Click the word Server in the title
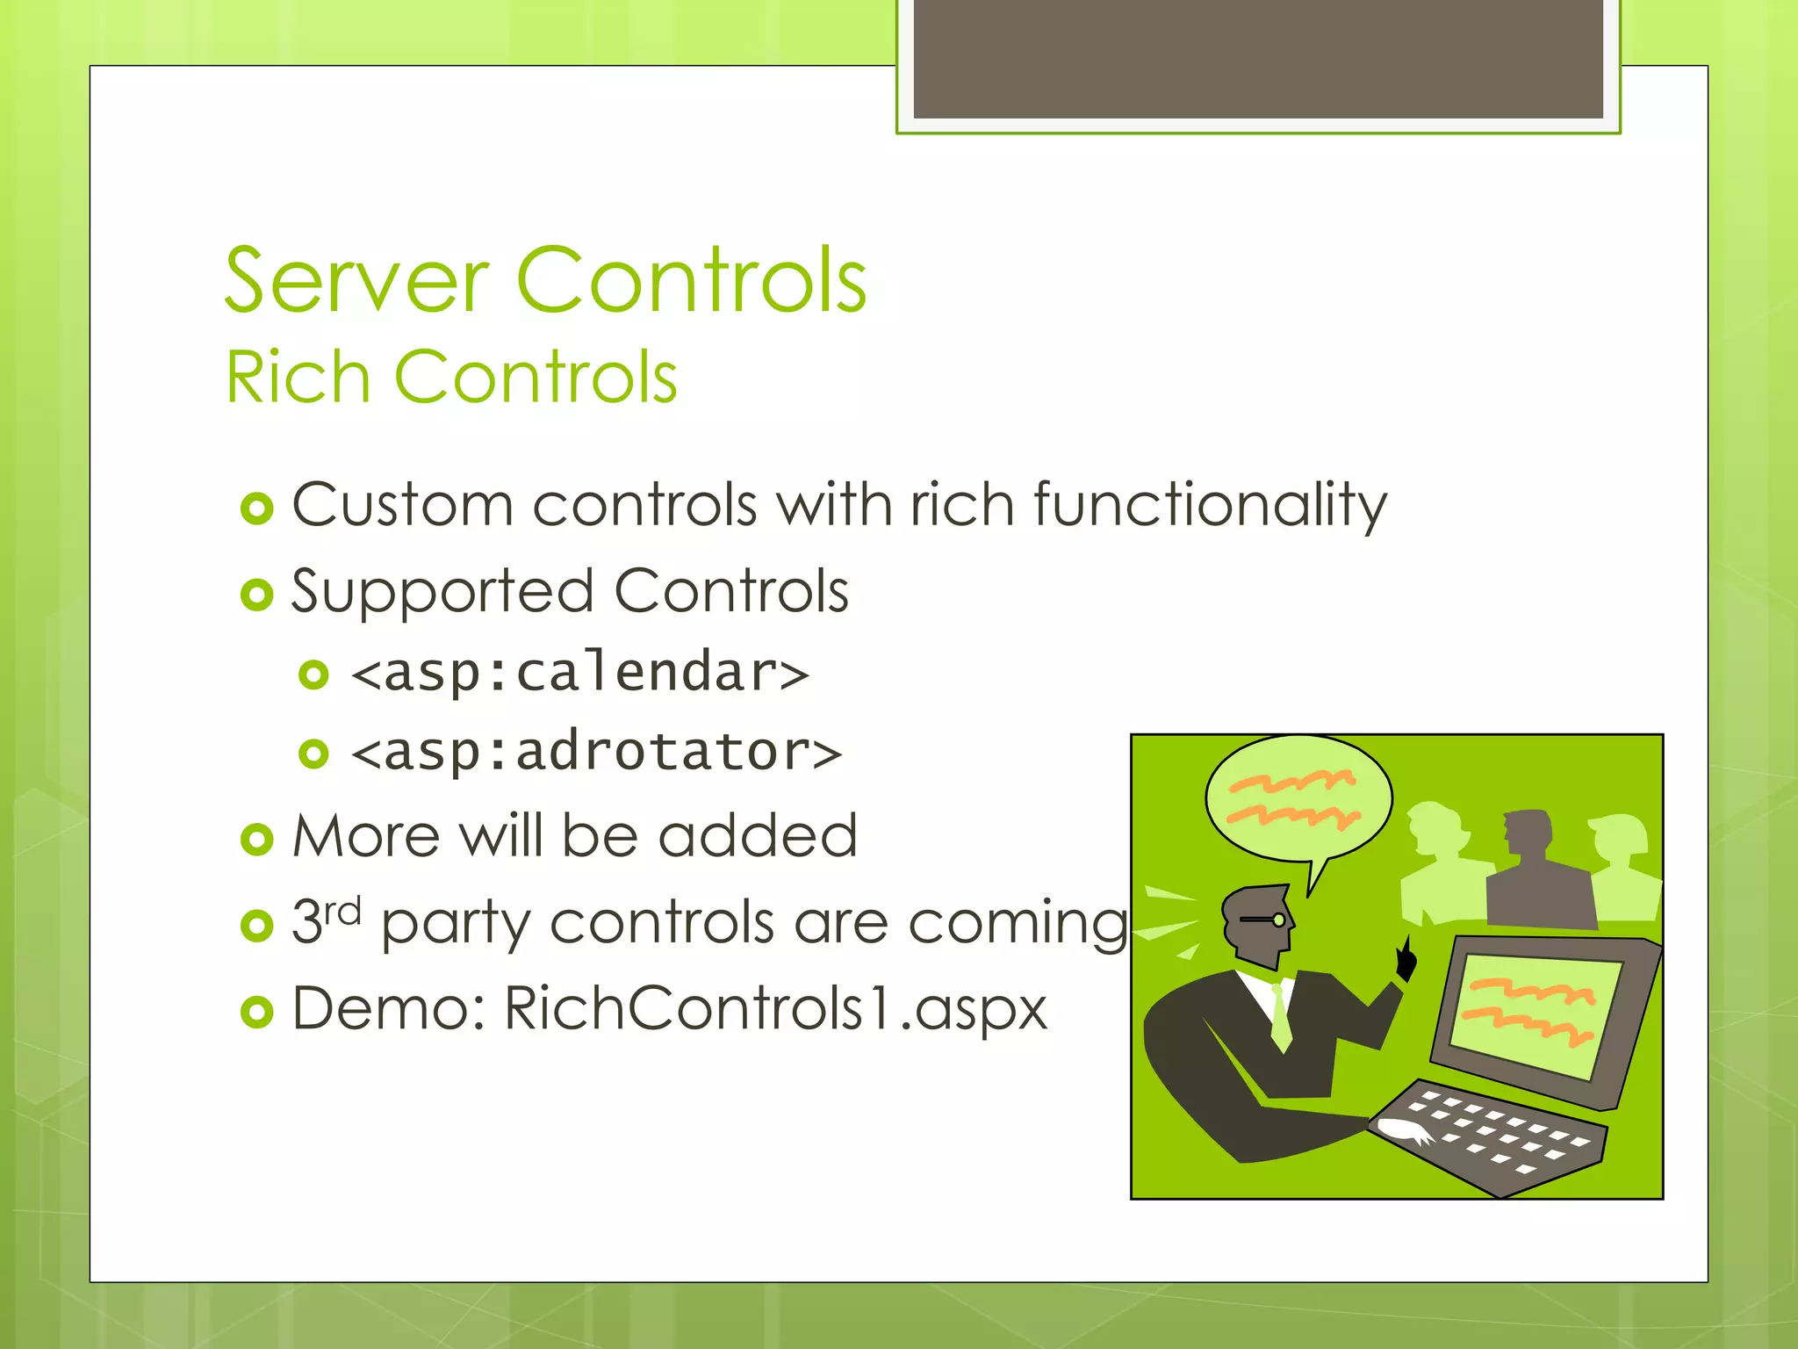click(x=356, y=281)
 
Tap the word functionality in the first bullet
click(x=1210, y=506)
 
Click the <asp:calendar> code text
click(x=579, y=674)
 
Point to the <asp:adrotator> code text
click(x=596, y=753)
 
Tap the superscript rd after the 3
click(x=342, y=912)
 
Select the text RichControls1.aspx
click(x=775, y=1008)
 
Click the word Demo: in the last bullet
click(x=389, y=1008)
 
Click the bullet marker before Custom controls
click(x=257, y=509)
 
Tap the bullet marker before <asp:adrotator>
click(x=313, y=754)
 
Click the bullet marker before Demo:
click(x=257, y=1012)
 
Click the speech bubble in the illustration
click(x=1298, y=799)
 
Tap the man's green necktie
click(x=1281, y=1014)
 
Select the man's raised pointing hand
click(x=1406, y=959)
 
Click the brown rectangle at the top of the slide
click(x=1258, y=59)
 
